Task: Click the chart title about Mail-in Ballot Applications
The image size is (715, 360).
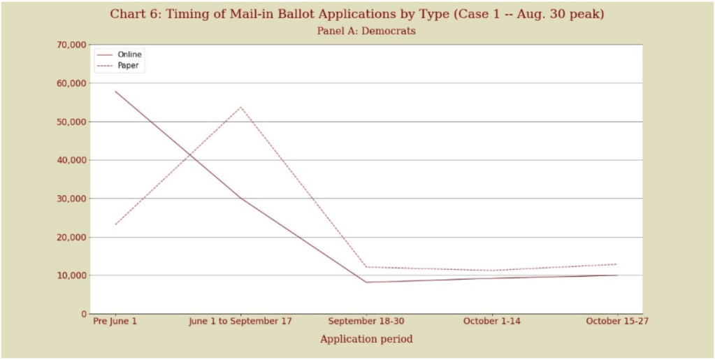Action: click(x=357, y=13)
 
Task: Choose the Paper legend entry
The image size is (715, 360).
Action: click(x=128, y=66)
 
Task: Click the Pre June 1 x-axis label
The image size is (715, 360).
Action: click(x=115, y=322)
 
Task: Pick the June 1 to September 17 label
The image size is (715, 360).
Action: click(x=240, y=322)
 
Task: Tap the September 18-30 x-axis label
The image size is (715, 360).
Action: click(x=366, y=322)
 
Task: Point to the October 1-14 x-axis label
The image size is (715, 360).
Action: click(x=492, y=322)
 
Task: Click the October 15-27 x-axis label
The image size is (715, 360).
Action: click(x=617, y=322)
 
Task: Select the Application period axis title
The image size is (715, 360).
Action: click(x=366, y=339)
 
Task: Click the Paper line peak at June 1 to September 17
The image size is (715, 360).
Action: click(x=240, y=107)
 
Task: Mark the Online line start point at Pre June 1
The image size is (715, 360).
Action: click(x=115, y=91)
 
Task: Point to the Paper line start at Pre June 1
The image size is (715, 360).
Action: click(x=115, y=224)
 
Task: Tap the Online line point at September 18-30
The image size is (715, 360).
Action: click(x=366, y=282)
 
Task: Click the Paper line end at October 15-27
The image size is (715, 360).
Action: click(x=617, y=264)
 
